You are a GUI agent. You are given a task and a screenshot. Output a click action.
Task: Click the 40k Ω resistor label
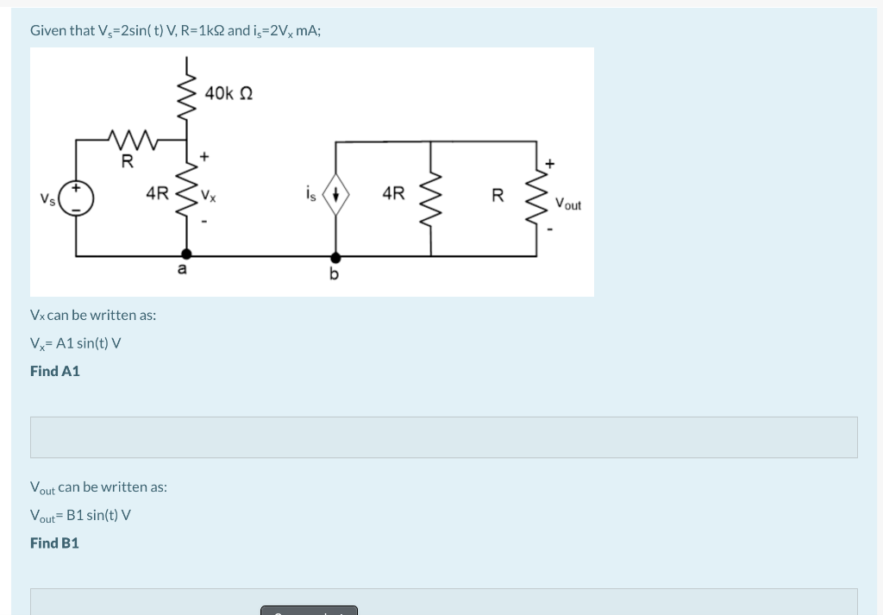[x=229, y=92]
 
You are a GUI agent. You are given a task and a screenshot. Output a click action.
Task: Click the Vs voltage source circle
[x=77, y=198]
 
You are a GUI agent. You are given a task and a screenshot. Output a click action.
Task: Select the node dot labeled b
[x=335, y=256]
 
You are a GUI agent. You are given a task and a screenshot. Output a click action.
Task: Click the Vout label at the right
[x=567, y=204]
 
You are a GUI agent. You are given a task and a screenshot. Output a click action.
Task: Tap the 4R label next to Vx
[x=156, y=194]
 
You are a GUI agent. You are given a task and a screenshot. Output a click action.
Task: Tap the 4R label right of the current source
[x=392, y=194]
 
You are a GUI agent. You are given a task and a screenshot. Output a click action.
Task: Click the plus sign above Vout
[x=549, y=162]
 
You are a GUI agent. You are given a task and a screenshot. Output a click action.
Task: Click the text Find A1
[x=54, y=371]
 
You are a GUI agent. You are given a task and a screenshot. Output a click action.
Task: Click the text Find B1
[x=54, y=543]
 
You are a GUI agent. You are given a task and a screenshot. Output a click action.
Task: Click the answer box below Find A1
[x=443, y=437]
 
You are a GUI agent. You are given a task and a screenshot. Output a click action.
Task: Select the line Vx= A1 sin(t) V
[x=75, y=343]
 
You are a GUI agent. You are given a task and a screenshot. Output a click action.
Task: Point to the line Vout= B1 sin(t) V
[x=80, y=516]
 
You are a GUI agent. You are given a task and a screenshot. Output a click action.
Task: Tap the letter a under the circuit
[x=181, y=271]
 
